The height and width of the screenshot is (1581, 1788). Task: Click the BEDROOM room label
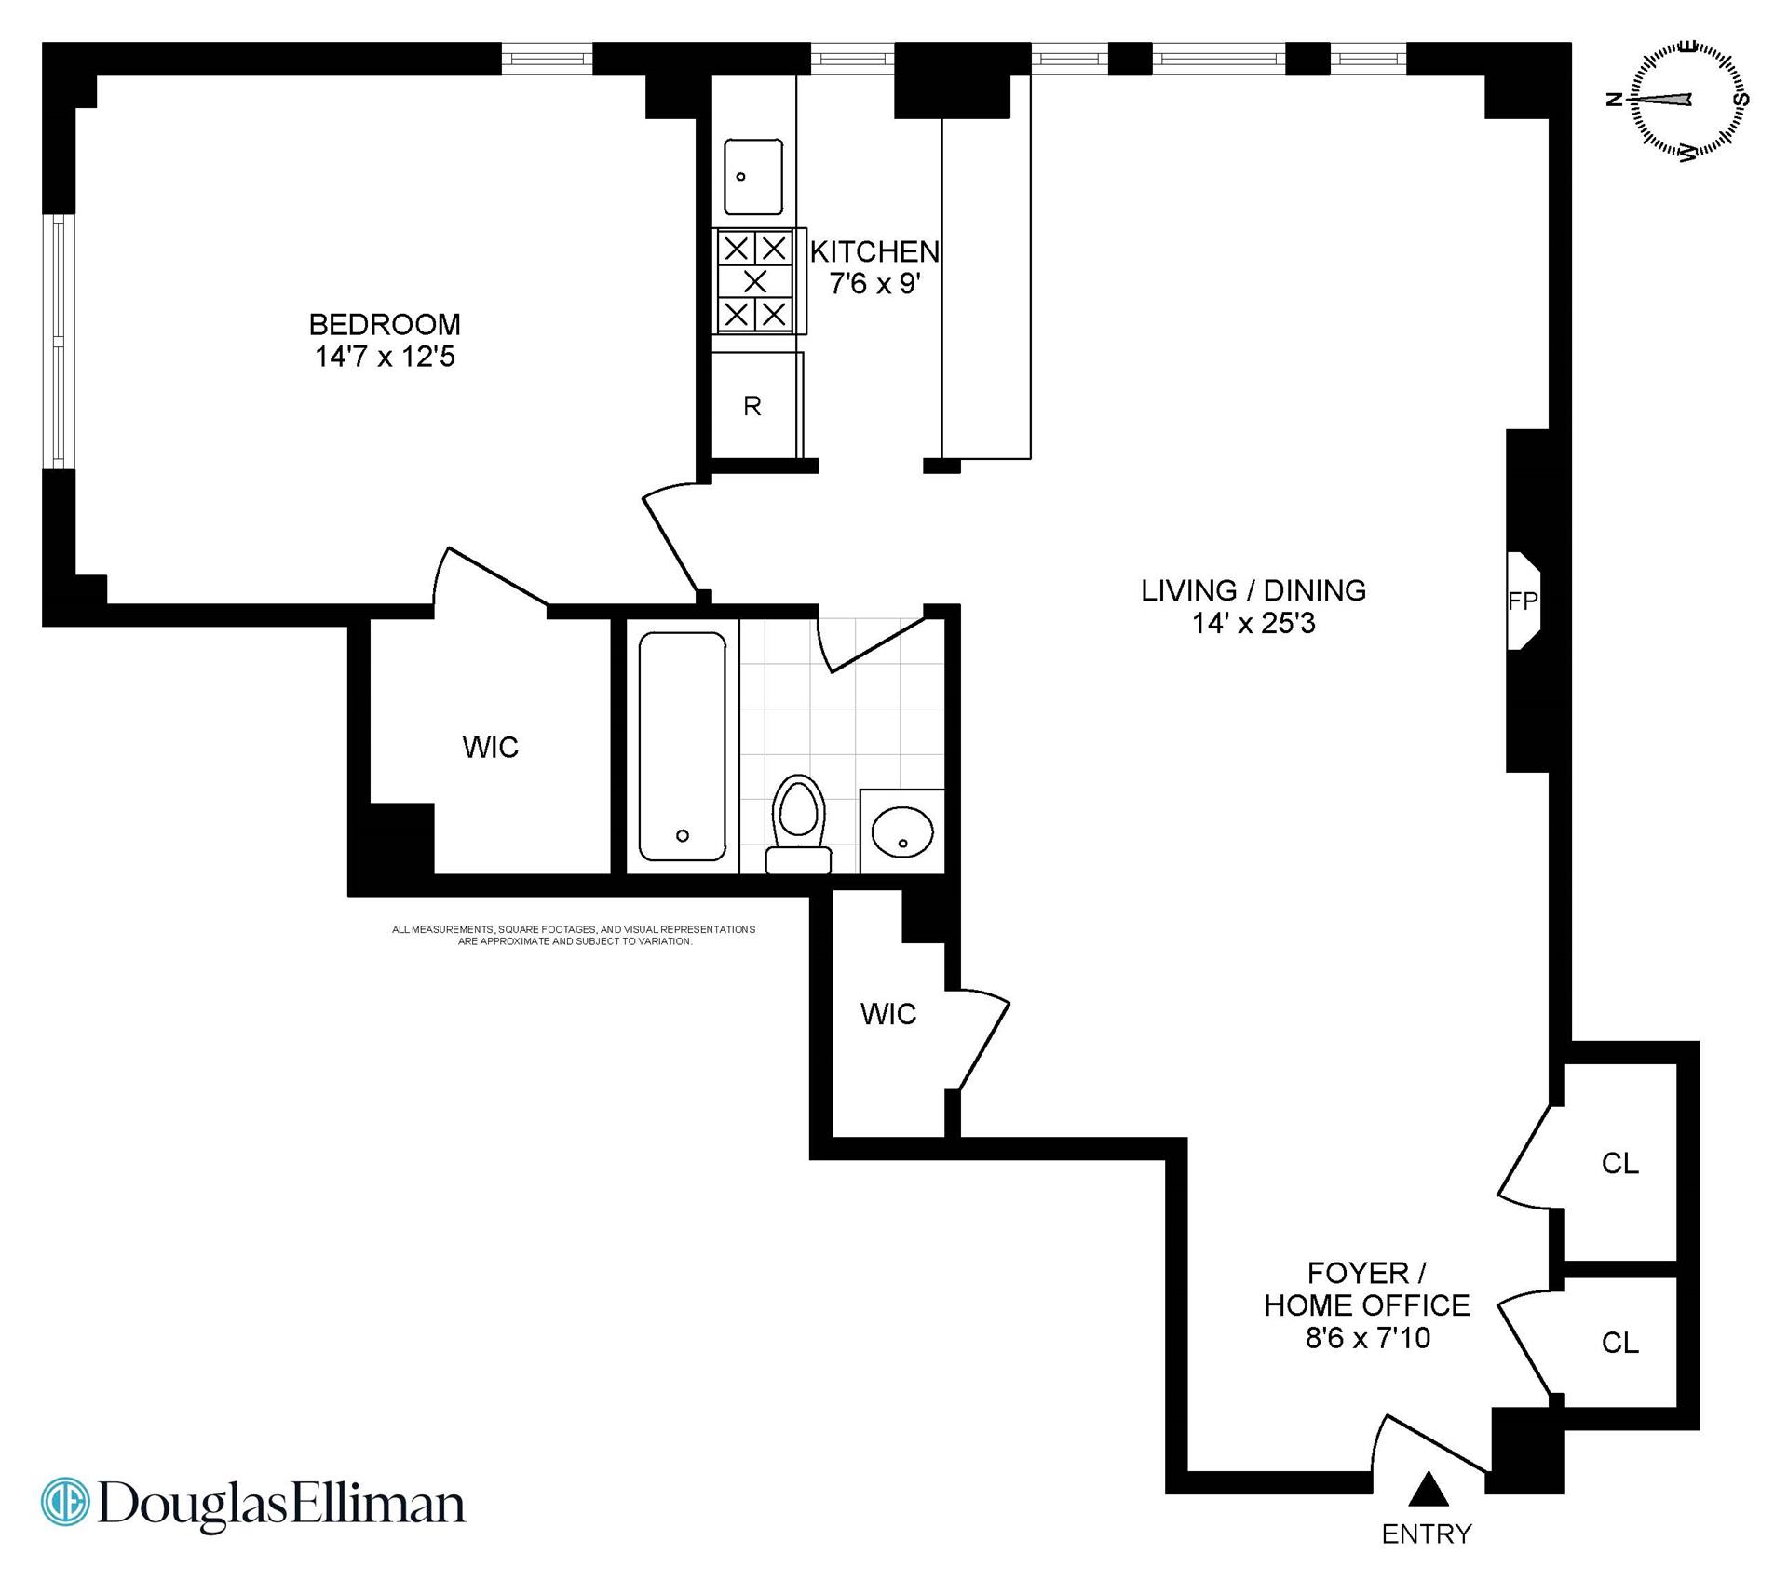(384, 324)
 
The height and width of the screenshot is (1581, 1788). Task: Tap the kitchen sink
(753, 177)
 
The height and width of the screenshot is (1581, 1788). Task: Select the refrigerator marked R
(752, 406)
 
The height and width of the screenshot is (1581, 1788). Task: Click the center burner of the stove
(755, 280)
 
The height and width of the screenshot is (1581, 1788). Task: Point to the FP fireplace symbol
(1523, 601)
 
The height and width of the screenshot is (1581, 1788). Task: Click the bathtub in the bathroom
(682, 747)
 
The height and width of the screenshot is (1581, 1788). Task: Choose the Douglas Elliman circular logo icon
(65, 1502)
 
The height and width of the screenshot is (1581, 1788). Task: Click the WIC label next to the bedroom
(490, 747)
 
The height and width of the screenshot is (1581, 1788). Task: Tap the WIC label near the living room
(887, 1014)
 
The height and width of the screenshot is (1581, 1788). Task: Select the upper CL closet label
(1619, 1163)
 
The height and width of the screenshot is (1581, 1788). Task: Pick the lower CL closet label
(1619, 1342)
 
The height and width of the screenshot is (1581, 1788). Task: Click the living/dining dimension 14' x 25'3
(1253, 623)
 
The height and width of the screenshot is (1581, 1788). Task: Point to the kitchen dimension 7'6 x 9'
(874, 283)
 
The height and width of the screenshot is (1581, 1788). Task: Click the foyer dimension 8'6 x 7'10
(1367, 1338)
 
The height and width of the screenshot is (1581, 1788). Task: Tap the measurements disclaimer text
(574, 935)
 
